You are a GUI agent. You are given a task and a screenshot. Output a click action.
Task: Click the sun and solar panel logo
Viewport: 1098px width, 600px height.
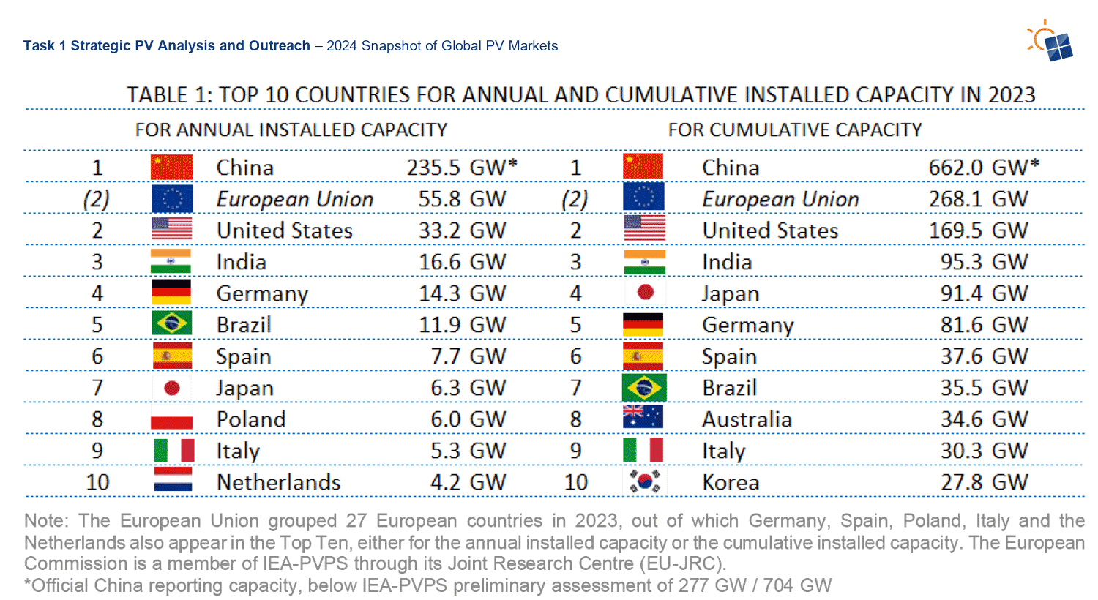1051,42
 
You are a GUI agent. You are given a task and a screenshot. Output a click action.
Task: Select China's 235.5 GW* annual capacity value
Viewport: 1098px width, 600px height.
462,168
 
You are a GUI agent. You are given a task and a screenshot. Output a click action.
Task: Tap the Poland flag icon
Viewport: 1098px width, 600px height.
172,420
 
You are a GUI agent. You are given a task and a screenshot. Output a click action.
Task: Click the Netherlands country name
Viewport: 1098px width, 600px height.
278,483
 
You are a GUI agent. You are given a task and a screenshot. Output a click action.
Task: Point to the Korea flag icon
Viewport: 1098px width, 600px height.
644,482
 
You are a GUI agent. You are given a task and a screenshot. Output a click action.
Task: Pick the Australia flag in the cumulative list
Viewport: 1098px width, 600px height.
643,418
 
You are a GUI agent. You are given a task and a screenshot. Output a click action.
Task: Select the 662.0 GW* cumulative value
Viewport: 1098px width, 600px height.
983,168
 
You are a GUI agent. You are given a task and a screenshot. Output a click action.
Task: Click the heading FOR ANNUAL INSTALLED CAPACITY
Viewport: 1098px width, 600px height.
291,130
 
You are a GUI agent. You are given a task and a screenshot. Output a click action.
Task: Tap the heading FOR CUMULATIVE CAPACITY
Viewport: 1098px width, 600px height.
794,130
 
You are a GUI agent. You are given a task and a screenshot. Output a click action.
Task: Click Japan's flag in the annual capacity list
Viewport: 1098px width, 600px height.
172,388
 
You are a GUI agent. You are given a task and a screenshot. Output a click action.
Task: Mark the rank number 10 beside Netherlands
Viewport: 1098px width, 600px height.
97,483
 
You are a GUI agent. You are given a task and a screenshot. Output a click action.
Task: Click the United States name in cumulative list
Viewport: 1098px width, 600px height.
770,230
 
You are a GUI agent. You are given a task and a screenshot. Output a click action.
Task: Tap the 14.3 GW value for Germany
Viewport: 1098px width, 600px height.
462,293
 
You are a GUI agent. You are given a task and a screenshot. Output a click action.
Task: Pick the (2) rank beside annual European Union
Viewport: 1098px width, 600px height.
97,199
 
